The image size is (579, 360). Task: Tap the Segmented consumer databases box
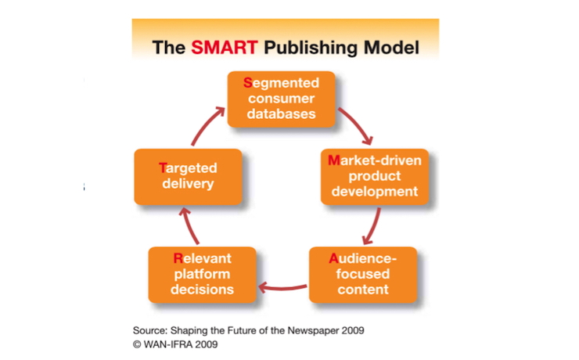coord(281,98)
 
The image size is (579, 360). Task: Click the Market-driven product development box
coord(375,176)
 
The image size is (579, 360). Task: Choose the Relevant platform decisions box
coord(203,274)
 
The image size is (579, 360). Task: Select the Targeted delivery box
coord(188,176)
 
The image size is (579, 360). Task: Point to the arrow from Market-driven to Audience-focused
coord(373,227)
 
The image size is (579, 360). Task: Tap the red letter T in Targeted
coord(163,168)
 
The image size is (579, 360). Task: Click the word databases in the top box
coord(281,113)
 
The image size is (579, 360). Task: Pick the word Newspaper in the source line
coord(311,330)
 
